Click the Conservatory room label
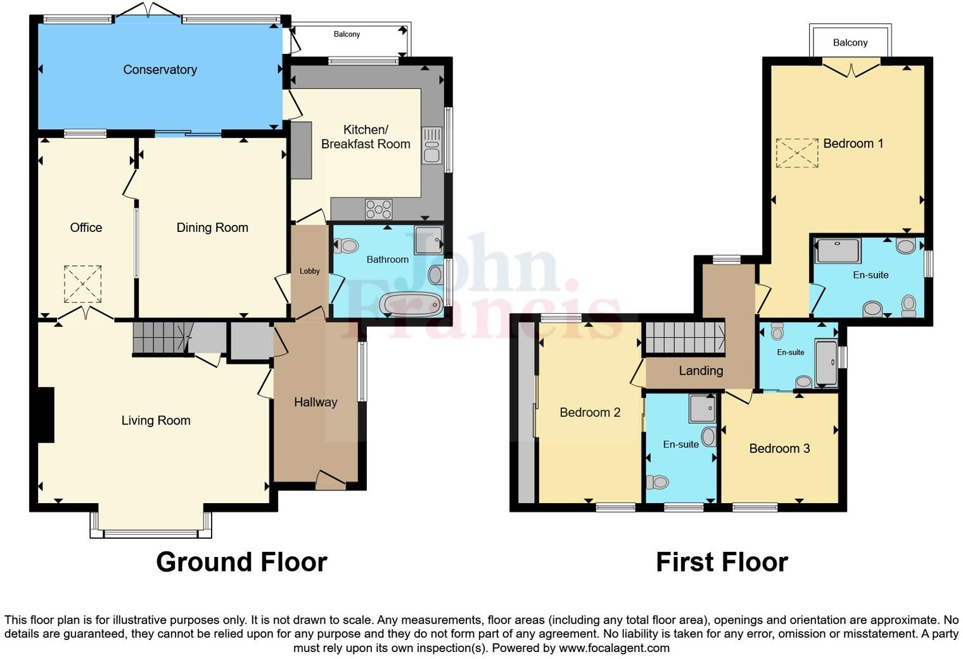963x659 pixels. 160,70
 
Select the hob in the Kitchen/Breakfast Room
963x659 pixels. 378,209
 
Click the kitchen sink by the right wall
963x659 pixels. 431,146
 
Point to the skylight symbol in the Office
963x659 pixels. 82,284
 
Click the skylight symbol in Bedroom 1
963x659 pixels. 797,153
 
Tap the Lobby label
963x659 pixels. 309,271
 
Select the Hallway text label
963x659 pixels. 316,402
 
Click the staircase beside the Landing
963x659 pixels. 684,338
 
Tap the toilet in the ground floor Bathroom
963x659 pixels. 345,245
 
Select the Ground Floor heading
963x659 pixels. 241,562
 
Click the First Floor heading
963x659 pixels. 722,562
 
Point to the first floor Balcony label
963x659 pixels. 850,42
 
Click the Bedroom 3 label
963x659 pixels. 779,449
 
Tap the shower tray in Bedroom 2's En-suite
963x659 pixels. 702,409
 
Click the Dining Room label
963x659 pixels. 212,227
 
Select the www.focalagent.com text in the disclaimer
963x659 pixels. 613,648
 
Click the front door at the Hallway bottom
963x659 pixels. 330,480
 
